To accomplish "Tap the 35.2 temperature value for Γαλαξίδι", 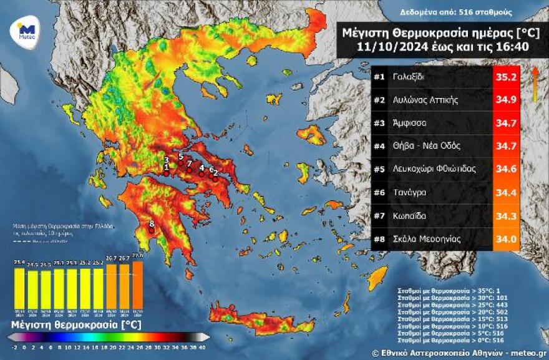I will pyautogui.click(x=506, y=77).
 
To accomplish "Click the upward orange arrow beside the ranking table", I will pyautogui.click(x=535, y=84).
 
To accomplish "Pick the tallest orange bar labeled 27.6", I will pyautogui.click(x=137, y=284).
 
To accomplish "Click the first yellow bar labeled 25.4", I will pyautogui.click(x=20, y=289).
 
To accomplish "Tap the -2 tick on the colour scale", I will pyautogui.click(x=14, y=348).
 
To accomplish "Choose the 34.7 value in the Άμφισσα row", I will pyautogui.click(x=506, y=124).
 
